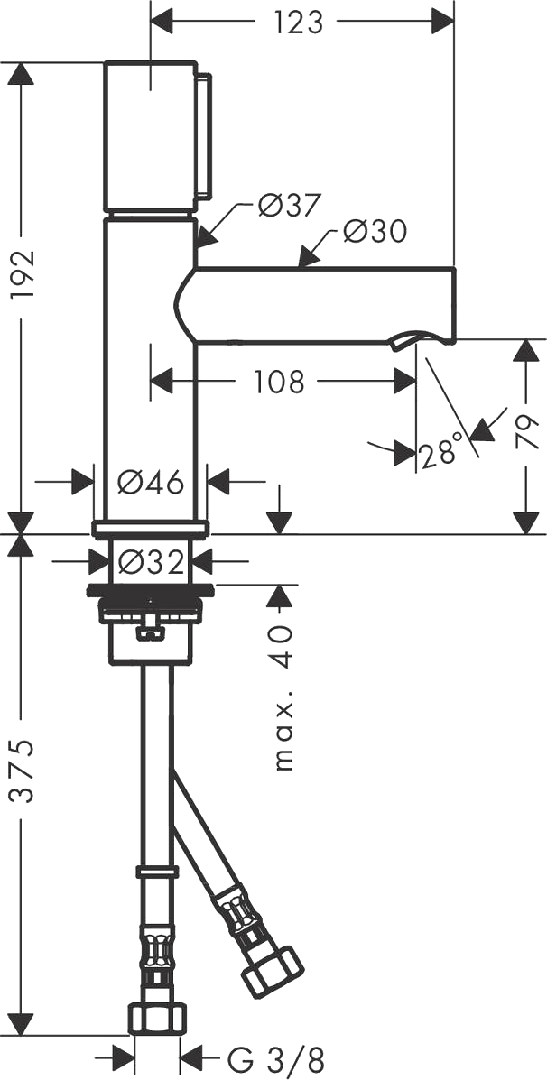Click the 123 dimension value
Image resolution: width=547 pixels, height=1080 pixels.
pyautogui.click(x=298, y=22)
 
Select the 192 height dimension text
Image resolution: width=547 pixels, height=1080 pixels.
pyautogui.click(x=23, y=274)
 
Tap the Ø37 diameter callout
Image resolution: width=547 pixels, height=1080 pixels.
pyautogui.click(x=290, y=205)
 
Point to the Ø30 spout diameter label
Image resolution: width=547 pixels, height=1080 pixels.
pyautogui.click(x=375, y=231)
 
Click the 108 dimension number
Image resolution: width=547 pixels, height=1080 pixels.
pyautogui.click(x=279, y=382)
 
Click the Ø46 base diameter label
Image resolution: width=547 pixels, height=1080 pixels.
pyautogui.click(x=150, y=482)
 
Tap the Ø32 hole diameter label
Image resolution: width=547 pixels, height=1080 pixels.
pyautogui.click(x=151, y=563)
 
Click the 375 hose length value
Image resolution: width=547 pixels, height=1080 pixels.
pyautogui.click(x=23, y=771)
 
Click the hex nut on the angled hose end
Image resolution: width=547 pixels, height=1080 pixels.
pyautogui.click(x=273, y=971)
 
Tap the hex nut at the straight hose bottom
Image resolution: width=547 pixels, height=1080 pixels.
pyautogui.click(x=157, y=1018)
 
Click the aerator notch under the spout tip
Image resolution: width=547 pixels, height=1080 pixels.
pyautogui.click(x=406, y=339)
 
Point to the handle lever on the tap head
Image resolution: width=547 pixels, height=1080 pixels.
pyautogui.click(x=204, y=135)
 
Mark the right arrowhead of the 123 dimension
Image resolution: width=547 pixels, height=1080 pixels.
pyautogui.click(x=442, y=22)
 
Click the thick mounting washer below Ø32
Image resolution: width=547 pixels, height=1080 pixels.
pyautogui.click(x=150, y=590)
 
